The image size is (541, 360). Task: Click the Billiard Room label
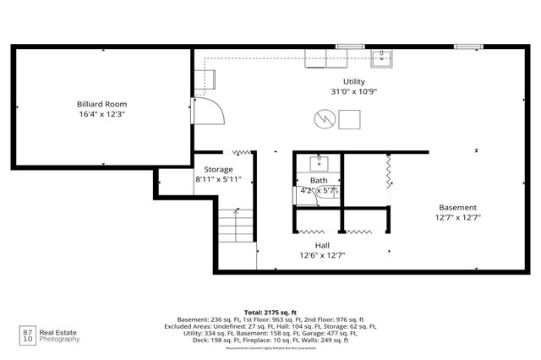point(101,103)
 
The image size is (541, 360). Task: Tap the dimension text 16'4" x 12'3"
point(101,113)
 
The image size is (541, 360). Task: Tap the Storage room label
point(219,169)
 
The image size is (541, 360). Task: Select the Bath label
point(319,181)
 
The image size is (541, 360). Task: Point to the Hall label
point(322,244)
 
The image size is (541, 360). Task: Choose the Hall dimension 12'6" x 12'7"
point(322,254)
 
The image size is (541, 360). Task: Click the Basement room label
point(457,207)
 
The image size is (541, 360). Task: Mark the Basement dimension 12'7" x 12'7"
point(457,217)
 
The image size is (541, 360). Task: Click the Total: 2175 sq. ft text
point(270,312)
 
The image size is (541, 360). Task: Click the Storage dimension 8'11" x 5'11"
point(219,179)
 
